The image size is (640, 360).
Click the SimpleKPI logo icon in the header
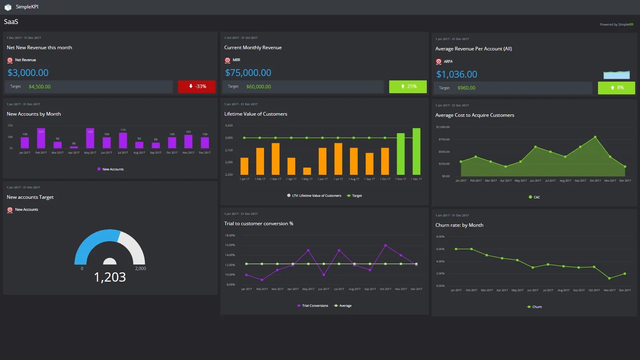(8, 7)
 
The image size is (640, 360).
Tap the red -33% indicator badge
(197, 86)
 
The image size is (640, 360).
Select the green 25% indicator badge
(408, 86)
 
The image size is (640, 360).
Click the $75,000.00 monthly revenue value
(248, 73)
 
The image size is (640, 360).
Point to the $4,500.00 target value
(40, 87)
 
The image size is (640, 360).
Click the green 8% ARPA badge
(616, 88)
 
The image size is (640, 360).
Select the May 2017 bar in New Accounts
(90, 138)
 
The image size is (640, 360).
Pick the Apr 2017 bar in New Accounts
(74, 147)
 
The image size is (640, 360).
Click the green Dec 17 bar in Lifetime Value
(416, 151)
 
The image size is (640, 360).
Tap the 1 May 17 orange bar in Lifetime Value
(307, 171)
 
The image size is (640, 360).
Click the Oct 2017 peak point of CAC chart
(595, 137)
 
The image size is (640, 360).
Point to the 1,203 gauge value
(110, 277)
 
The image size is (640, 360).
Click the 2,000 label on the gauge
(140, 268)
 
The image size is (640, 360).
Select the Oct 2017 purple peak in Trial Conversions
(386, 245)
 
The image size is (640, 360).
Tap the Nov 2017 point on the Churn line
(609, 278)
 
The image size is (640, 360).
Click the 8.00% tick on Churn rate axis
(440, 237)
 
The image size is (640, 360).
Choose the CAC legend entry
(534, 197)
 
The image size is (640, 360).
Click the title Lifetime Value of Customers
(256, 114)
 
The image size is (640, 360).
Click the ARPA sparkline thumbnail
(616, 75)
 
